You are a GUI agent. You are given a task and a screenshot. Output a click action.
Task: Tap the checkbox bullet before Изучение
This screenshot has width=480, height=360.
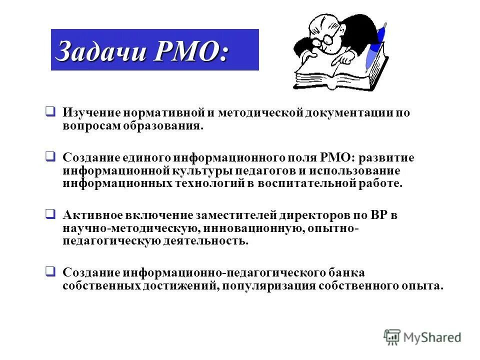[50, 111]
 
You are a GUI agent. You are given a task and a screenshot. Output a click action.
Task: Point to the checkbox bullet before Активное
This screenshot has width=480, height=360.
[50, 214]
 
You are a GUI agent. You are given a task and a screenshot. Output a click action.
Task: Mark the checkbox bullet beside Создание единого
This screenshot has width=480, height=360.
[50, 157]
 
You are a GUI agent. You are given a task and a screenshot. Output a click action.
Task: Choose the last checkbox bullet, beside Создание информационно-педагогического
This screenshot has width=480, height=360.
[50, 272]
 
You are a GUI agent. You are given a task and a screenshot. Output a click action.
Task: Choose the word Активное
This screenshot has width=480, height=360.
[93, 215]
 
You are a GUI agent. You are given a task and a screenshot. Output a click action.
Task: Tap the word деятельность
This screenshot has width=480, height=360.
[204, 241]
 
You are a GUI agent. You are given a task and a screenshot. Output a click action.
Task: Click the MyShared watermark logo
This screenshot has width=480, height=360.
[422, 337]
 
